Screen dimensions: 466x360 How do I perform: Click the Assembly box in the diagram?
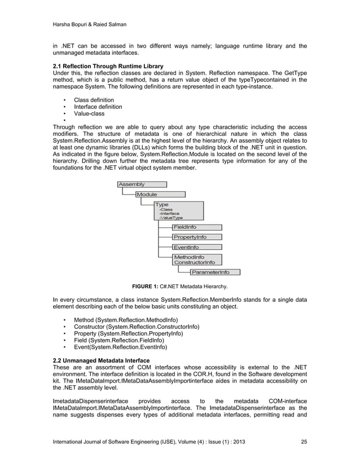click(x=142, y=184)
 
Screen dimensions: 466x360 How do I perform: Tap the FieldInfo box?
click(x=196, y=227)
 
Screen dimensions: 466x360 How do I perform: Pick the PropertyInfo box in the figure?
click(x=196, y=237)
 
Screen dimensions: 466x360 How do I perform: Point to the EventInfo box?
click(x=196, y=247)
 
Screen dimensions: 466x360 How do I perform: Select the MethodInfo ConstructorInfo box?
click(x=196, y=260)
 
